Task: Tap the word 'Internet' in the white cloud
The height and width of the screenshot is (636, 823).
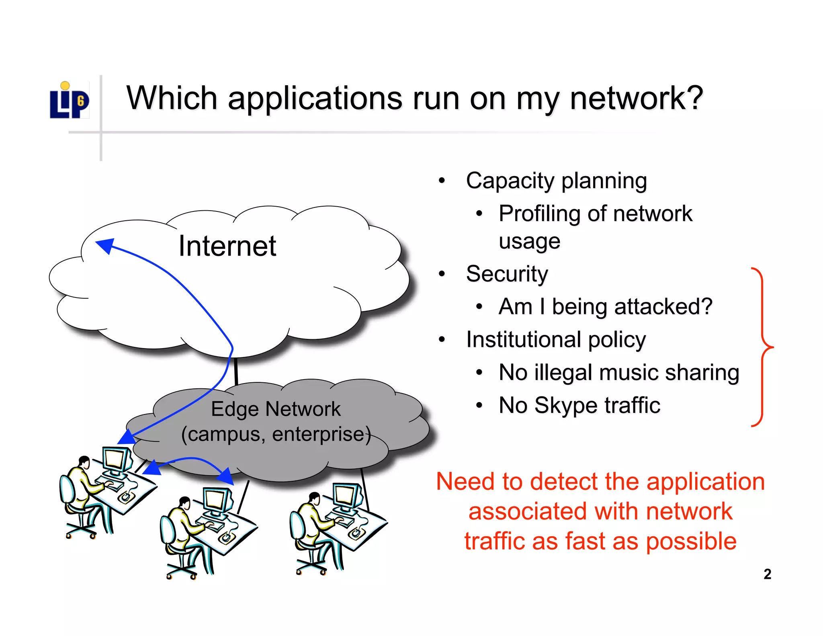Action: click(227, 246)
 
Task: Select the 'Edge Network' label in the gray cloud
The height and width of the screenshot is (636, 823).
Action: click(276, 409)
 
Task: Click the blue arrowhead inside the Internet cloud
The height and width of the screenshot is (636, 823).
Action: click(105, 245)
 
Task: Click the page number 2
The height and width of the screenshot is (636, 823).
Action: click(767, 574)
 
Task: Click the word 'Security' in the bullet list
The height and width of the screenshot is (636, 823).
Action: click(507, 274)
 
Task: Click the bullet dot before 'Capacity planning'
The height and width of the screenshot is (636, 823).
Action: click(442, 181)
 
